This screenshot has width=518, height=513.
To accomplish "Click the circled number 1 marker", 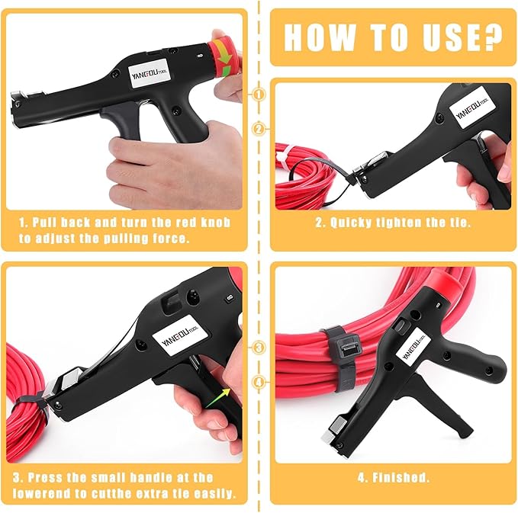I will coord(259,94).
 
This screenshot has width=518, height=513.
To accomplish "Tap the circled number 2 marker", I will coord(259,129).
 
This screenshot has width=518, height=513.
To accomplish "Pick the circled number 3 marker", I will coord(259,348).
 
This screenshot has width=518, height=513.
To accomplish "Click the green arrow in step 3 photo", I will coord(220,394).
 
